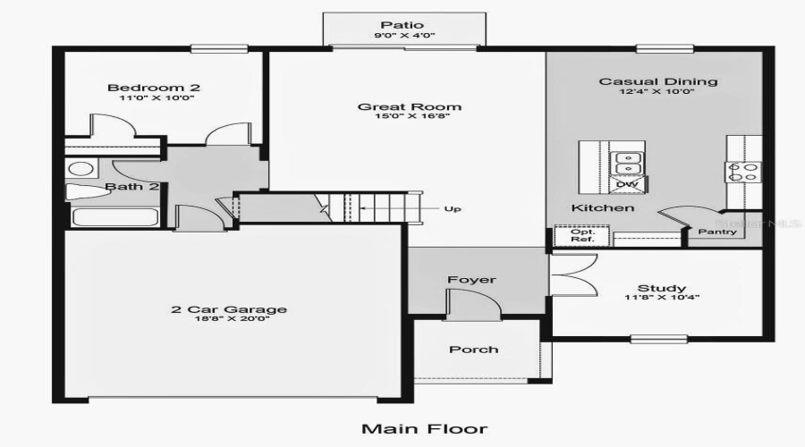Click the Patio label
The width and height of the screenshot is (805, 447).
click(401, 25)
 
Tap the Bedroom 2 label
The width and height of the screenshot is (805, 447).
click(153, 88)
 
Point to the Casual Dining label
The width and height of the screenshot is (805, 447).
click(657, 81)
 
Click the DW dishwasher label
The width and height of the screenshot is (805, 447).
click(625, 184)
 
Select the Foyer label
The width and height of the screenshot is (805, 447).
click(471, 280)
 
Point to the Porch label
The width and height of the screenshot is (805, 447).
click(474, 350)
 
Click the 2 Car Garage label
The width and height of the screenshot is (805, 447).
click(230, 310)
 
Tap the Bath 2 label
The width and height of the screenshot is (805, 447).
click(132, 187)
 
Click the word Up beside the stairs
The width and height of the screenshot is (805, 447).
click(453, 209)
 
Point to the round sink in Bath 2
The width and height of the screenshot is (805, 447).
click(80, 169)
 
